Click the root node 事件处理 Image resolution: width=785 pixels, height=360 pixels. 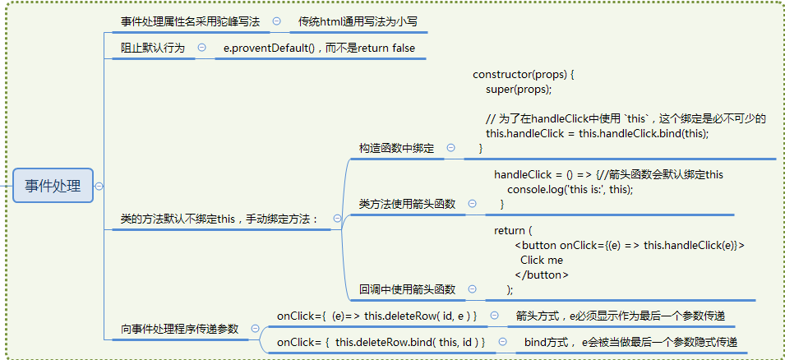tap(53, 186)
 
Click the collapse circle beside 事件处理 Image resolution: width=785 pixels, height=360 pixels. tap(99, 186)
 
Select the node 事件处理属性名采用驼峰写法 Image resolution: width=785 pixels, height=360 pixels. tap(190, 22)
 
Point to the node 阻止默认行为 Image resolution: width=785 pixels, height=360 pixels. tap(153, 48)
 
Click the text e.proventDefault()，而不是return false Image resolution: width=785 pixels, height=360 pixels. tap(319, 48)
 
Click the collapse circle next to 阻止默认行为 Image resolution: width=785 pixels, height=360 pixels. tap(201, 48)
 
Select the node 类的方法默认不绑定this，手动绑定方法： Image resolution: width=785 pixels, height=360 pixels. tap(219, 219)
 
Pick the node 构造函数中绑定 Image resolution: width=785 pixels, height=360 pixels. tap(396, 148)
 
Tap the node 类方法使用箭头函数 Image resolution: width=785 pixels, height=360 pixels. tap(407, 204)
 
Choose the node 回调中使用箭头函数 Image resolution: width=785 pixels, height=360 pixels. tap(407, 289)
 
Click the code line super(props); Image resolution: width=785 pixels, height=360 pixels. tap(519, 89)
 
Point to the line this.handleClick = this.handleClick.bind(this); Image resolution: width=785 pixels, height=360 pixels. tap(597, 133)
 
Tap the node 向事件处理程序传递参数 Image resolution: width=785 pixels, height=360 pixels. tap(179, 329)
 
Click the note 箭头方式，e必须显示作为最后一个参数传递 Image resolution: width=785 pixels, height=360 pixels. tap(620, 316)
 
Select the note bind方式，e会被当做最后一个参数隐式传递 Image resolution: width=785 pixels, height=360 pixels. tap(630, 341)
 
